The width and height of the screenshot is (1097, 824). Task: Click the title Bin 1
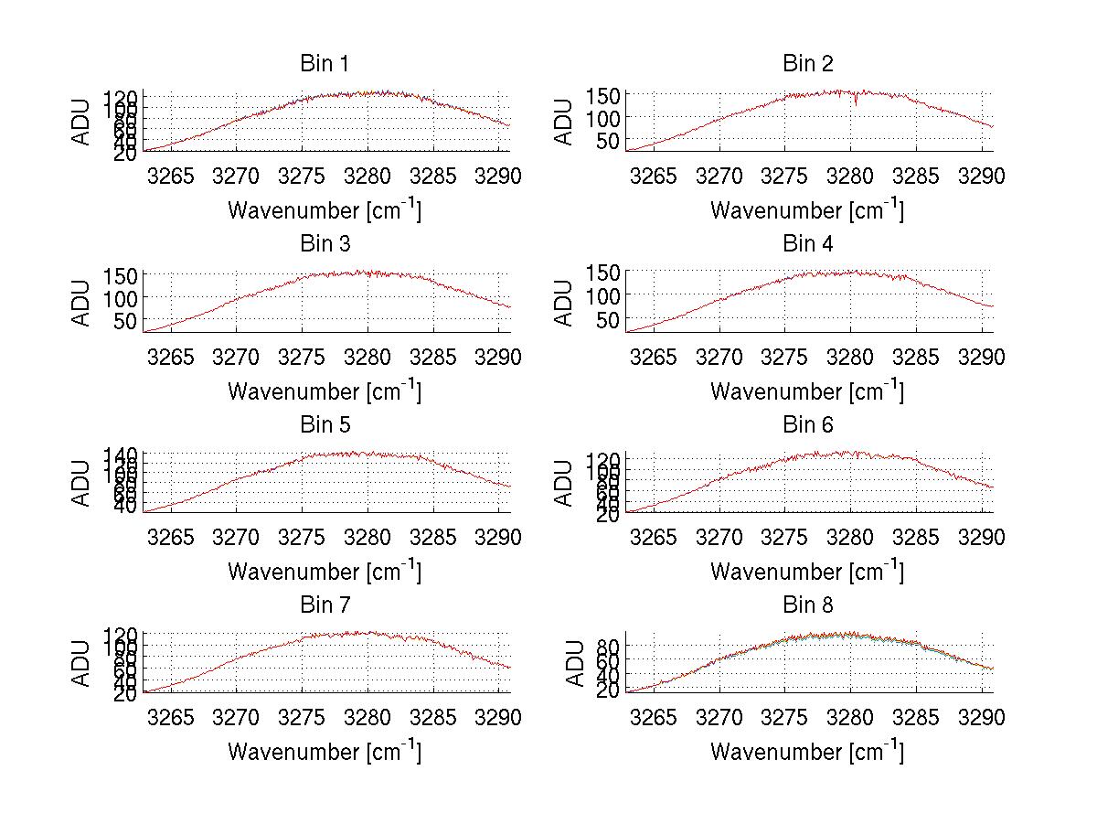click(324, 63)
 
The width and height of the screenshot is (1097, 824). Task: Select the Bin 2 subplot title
click(807, 63)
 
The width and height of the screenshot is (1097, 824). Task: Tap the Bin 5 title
click(324, 424)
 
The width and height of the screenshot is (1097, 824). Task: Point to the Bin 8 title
click(807, 605)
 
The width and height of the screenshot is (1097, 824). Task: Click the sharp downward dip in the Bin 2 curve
click(856, 103)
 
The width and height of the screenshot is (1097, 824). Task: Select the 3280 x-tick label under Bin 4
click(850, 357)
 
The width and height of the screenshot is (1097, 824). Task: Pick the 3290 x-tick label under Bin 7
click(498, 718)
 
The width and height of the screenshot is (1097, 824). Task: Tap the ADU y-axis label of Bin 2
click(565, 122)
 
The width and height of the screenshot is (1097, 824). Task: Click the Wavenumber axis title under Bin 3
click(325, 391)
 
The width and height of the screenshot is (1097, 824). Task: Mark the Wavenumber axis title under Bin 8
click(807, 752)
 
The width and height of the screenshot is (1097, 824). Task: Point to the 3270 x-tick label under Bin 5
click(237, 538)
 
